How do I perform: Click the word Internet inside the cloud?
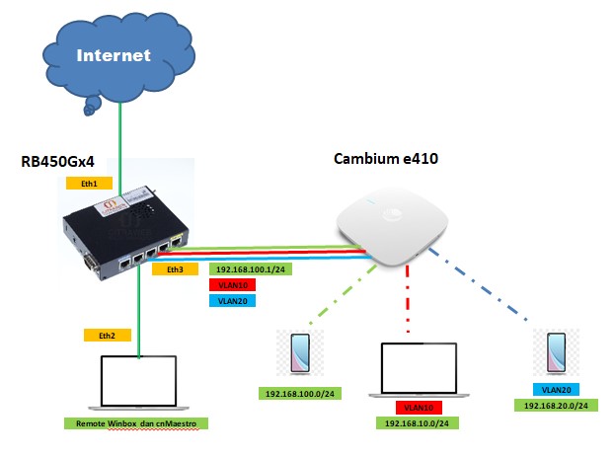pos(114,55)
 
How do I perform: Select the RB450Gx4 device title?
pos(57,162)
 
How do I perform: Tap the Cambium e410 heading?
pos(386,159)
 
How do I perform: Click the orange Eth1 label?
pos(89,184)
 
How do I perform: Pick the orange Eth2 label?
pos(107,336)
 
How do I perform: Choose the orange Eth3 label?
pos(175,269)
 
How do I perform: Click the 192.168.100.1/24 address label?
pos(251,269)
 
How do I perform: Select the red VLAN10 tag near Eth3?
pos(233,285)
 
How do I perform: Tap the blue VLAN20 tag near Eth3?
pos(233,301)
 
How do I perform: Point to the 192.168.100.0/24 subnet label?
pos(300,394)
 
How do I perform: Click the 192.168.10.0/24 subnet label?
pos(417,423)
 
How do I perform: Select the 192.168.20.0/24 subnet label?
pos(556,406)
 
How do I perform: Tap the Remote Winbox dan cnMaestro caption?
pos(136,423)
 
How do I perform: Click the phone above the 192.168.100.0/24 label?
pos(300,352)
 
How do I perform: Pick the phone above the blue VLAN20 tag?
pos(556,352)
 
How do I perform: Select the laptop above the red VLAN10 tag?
pos(419,370)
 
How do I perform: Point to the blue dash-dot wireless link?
pos(478,284)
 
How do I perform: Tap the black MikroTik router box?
pos(125,235)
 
